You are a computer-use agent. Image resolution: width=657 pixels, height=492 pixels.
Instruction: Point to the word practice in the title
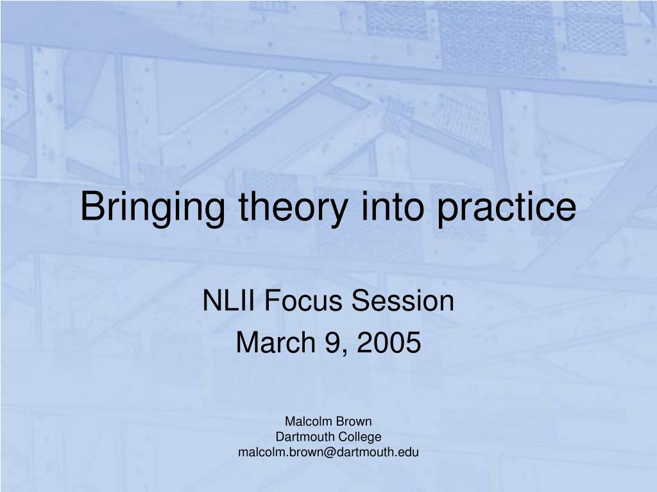pyautogui.click(x=507, y=208)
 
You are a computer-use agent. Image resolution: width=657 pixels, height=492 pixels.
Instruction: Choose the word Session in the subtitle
pyautogui.click(x=403, y=300)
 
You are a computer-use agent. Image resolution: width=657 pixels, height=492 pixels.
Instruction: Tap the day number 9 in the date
pyautogui.click(x=330, y=342)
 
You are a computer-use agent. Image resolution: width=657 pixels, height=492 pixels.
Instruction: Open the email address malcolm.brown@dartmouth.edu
pyautogui.click(x=328, y=452)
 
